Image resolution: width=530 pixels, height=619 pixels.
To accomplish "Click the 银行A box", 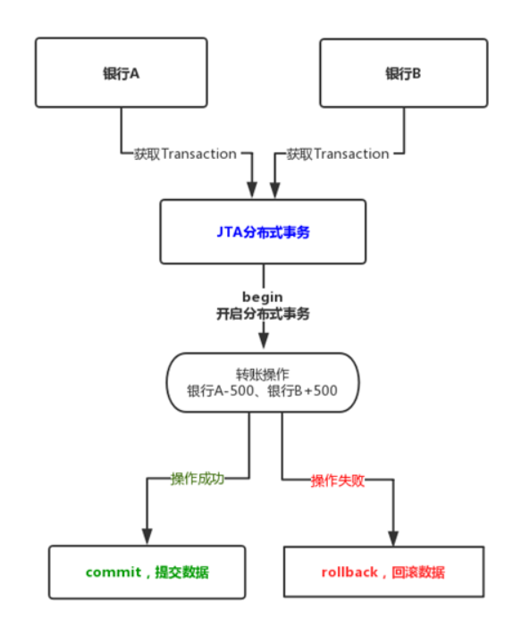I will click(121, 73).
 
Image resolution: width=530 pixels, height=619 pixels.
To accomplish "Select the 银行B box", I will click(403, 73).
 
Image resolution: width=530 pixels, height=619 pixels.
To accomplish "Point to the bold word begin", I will click(262, 296).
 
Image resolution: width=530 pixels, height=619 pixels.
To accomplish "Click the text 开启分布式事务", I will click(262, 314).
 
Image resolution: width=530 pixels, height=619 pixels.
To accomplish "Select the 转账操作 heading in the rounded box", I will click(262, 374).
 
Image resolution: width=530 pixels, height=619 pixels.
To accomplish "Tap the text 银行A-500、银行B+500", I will click(262, 391).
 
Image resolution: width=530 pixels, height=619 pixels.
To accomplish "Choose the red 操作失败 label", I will click(337, 481).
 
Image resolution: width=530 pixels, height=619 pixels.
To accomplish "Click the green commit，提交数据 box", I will click(147, 572).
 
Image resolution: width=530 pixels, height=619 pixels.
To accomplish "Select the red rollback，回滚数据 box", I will click(383, 572).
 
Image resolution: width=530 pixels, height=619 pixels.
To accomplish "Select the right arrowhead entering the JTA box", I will click(274, 189).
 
